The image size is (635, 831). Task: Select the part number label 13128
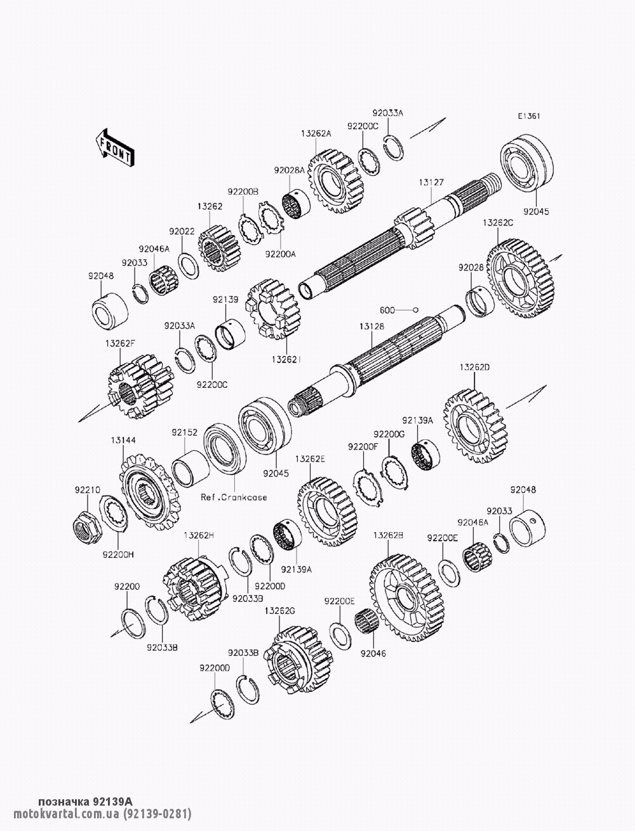[x=372, y=326]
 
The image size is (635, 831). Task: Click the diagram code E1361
[x=529, y=116]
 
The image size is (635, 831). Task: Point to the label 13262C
[x=498, y=223]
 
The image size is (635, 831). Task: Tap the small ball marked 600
[x=415, y=310]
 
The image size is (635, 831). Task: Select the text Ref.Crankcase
[x=234, y=497]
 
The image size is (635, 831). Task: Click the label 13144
[x=123, y=441]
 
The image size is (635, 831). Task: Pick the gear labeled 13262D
[x=475, y=425]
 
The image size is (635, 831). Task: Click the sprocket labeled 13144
[x=150, y=491]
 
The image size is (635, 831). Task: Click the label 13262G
[x=280, y=611]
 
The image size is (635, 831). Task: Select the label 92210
[x=88, y=490]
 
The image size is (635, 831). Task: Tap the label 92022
[x=182, y=231]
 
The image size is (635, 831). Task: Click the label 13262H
[x=199, y=535]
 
